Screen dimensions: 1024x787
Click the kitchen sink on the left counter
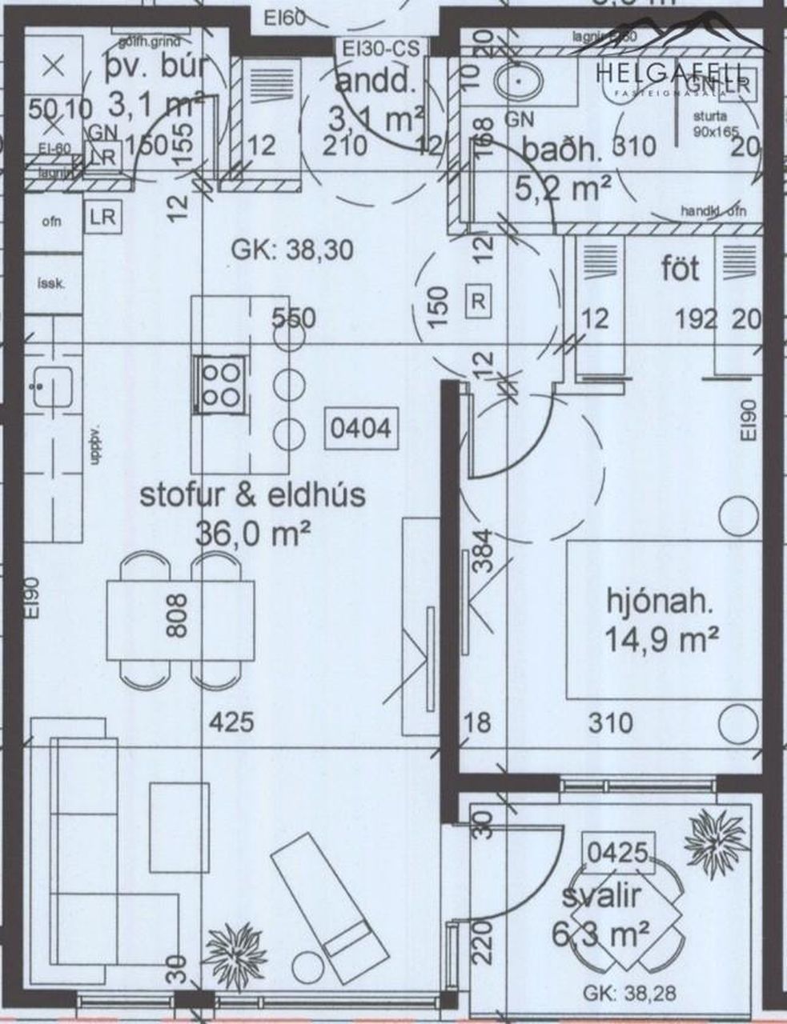(x=50, y=386)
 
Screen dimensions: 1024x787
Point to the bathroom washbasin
(x=521, y=81)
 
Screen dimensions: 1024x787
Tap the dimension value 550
(x=294, y=318)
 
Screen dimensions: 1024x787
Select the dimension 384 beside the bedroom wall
(x=480, y=553)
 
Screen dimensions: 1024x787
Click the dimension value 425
(x=231, y=723)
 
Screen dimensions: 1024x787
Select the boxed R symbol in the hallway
(x=478, y=302)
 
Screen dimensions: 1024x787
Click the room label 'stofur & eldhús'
(x=252, y=495)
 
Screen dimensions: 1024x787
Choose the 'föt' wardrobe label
(x=680, y=269)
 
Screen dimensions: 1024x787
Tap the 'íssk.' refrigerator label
(x=51, y=282)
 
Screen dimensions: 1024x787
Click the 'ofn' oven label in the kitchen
(x=51, y=222)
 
